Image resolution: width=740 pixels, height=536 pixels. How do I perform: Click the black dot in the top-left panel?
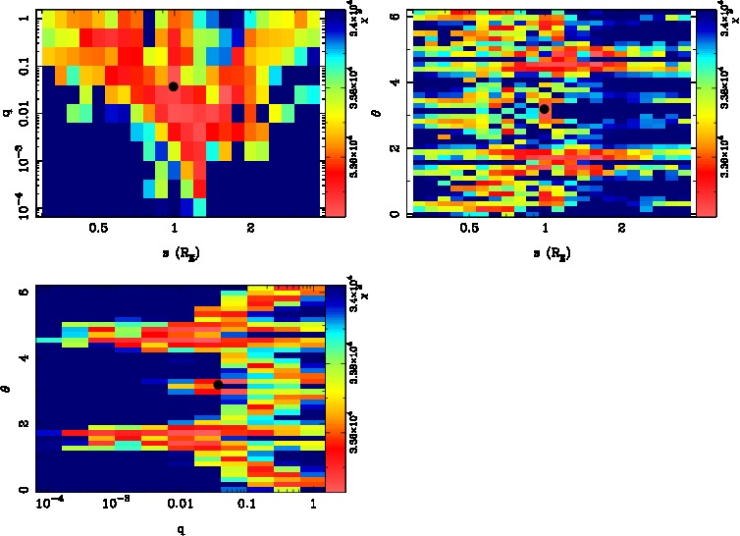pos(173,86)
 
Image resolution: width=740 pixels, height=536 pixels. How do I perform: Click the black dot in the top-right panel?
pos(544,109)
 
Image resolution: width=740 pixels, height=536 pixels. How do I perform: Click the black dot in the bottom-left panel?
pos(218,384)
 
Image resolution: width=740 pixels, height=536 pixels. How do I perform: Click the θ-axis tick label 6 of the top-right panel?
pos(393,17)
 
